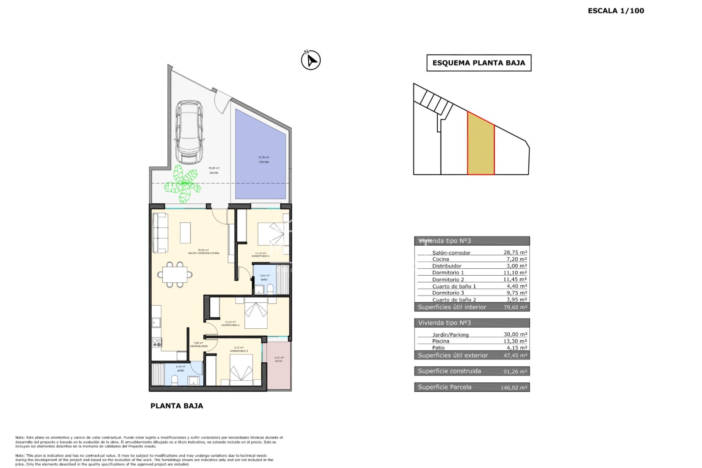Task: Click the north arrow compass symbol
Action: [311, 60]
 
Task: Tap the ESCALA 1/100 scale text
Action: [616, 11]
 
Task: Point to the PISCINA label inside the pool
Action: [264, 162]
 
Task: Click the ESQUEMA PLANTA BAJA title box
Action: [479, 63]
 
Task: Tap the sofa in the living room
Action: [160, 233]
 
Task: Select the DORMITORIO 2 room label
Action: [230, 325]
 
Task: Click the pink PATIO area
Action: [279, 366]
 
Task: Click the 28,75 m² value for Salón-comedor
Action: [515, 252]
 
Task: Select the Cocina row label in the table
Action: [441, 259]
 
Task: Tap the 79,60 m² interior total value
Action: [515, 307]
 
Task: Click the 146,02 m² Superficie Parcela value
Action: [514, 388]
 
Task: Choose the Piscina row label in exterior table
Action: [441, 341]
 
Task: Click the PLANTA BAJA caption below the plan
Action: [177, 406]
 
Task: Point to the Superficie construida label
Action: [449, 371]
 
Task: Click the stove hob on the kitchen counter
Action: [157, 343]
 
